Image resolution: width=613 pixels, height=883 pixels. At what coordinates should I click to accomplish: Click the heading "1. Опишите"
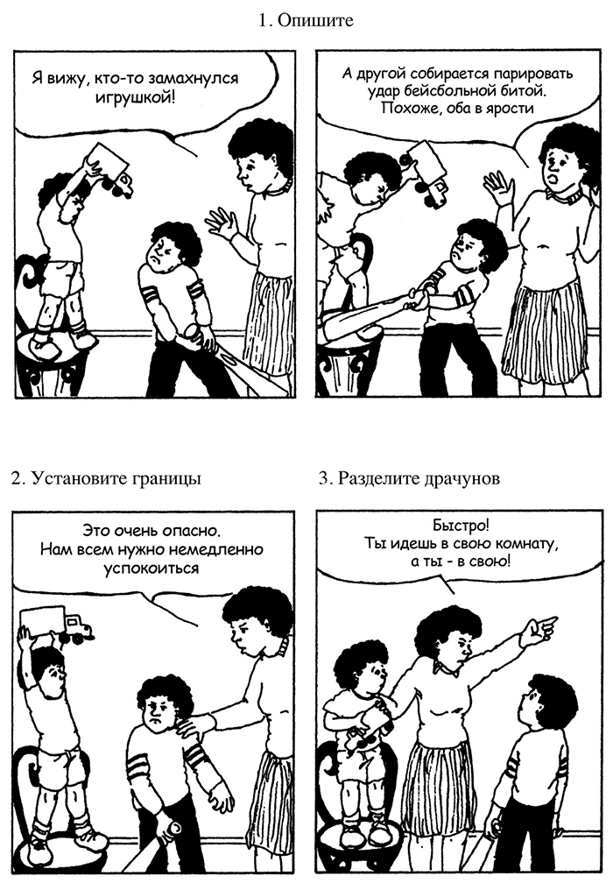coord(306,21)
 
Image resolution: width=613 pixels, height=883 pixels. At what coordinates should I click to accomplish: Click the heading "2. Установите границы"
coord(106,478)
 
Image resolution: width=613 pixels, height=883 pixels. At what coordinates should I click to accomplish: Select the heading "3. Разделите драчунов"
coord(409,478)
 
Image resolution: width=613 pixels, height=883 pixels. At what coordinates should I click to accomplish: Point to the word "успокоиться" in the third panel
coord(151,569)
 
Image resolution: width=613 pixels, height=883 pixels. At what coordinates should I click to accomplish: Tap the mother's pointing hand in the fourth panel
coord(539,627)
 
